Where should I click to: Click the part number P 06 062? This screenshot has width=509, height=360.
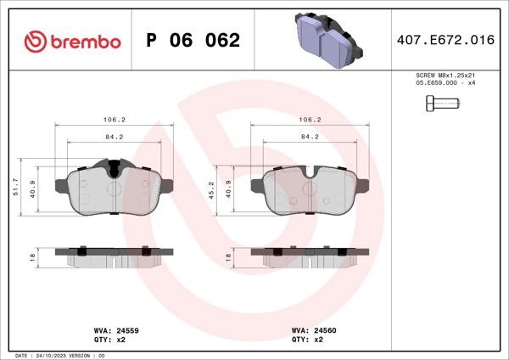(x=193, y=41)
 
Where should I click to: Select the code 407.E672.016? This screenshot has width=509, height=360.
(x=445, y=40)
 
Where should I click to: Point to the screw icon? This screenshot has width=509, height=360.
(x=440, y=104)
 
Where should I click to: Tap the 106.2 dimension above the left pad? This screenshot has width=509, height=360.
(x=114, y=120)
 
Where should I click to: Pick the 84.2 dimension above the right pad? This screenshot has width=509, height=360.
(x=310, y=136)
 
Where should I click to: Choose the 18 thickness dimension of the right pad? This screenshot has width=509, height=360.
(x=228, y=256)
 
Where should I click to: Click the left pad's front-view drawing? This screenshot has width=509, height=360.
(x=114, y=189)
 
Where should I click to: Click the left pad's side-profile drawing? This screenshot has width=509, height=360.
(x=114, y=255)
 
